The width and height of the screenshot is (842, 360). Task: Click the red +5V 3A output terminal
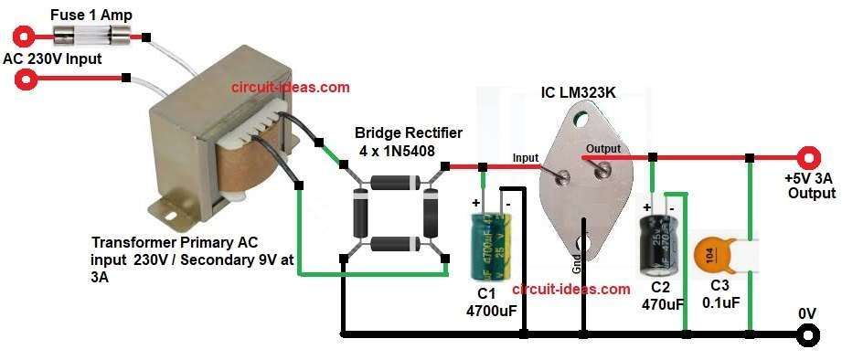(x=807, y=157)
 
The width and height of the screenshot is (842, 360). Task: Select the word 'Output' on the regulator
(x=604, y=148)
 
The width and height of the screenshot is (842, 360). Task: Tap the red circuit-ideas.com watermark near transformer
(x=290, y=88)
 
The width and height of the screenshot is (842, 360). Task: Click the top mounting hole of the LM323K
(x=586, y=117)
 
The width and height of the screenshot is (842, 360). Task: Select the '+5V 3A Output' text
(x=809, y=186)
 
